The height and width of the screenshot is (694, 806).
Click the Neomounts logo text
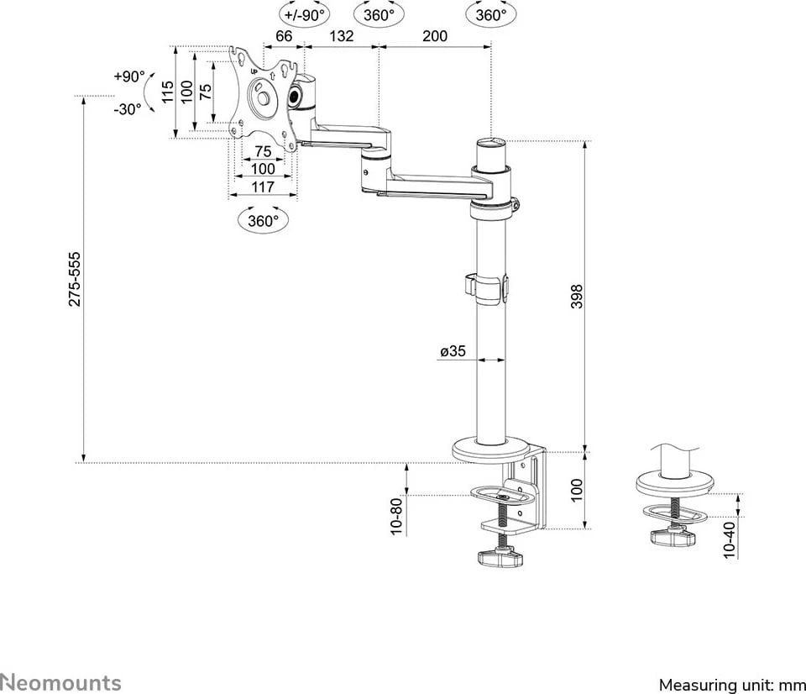click(60, 682)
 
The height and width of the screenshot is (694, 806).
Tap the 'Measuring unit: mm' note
click(730, 684)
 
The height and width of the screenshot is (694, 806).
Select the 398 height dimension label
click(577, 297)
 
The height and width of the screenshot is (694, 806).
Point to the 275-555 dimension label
click(75, 278)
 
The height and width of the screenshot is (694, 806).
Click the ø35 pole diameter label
click(453, 351)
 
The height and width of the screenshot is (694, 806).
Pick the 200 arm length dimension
click(435, 35)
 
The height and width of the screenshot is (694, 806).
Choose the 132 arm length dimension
click(341, 35)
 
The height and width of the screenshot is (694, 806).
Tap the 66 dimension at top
click(284, 35)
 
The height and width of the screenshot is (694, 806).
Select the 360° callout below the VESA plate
click(264, 221)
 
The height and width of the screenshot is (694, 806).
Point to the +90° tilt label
click(129, 76)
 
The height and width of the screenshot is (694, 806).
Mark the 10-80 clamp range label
click(396, 515)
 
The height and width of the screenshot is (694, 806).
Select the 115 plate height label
click(167, 92)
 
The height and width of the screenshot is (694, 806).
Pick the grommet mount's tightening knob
click(673, 535)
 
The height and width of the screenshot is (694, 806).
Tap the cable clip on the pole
click(489, 285)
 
